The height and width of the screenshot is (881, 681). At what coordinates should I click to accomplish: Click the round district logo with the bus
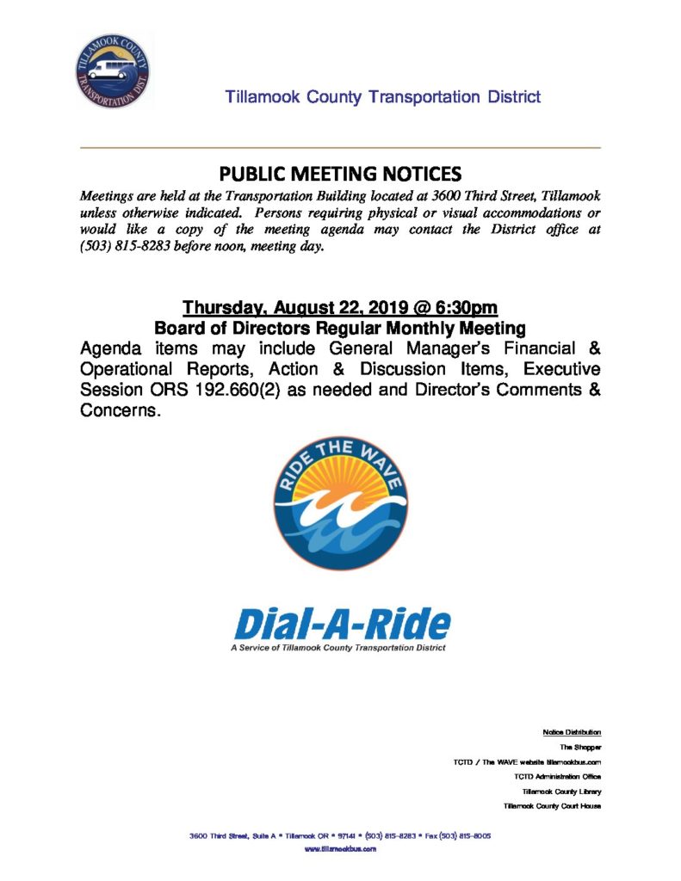(111, 71)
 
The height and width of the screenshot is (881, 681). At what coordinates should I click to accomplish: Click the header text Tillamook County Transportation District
(383, 97)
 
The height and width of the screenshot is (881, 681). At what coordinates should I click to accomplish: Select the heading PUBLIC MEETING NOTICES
(340, 170)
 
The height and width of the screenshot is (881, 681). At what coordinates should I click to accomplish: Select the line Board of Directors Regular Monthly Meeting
(339, 328)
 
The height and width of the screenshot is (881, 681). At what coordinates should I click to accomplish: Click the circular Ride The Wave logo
(339, 502)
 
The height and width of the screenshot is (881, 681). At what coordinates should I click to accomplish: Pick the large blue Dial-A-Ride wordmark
(340, 624)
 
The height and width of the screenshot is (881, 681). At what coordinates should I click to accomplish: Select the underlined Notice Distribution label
(572, 732)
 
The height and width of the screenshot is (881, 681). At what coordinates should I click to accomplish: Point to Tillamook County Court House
(552, 806)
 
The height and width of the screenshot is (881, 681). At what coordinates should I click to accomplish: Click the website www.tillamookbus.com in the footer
(340, 849)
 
